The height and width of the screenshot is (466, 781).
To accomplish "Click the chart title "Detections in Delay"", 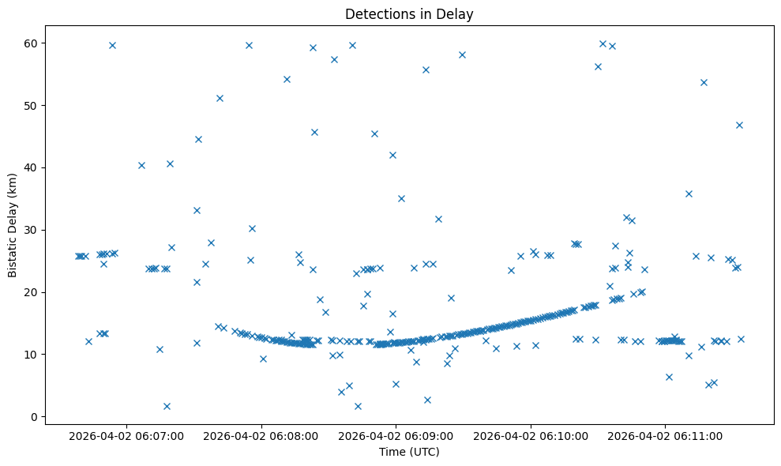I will pos(409,13).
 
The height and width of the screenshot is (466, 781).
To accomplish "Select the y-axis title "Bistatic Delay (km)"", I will pos(13,225).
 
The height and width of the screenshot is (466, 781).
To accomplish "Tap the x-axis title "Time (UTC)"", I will pos(409,452).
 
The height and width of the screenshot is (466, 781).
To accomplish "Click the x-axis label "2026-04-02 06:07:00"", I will pos(126,435).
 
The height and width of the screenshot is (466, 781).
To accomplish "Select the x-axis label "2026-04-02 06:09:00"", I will pos(396,435).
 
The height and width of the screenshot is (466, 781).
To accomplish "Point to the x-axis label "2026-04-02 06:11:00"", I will pos(664,435).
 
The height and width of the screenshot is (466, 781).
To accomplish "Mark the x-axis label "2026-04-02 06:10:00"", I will pos(530,435).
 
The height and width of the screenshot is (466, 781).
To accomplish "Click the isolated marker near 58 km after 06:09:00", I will pos(462,54).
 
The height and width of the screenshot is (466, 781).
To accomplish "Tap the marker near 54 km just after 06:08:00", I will pos(287,79).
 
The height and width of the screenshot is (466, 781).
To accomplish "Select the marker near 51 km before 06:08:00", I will pos(220,98).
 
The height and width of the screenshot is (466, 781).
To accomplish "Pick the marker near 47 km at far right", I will pos(739,125).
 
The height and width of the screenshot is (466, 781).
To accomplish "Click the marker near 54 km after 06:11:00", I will pos(704,82).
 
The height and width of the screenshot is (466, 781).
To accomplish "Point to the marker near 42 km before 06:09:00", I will pos(392,155).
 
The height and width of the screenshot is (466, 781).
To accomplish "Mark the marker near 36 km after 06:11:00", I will pos(689,194).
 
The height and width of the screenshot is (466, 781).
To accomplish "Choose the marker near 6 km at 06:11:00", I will pos(669,377).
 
